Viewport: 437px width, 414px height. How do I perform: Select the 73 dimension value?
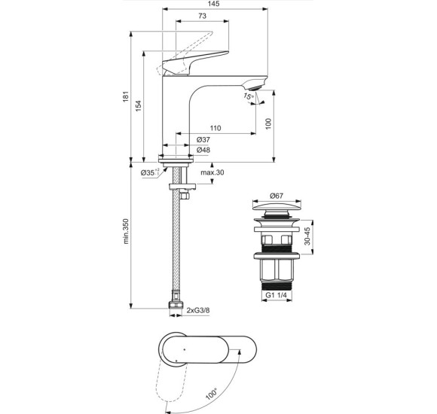tap(203, 17)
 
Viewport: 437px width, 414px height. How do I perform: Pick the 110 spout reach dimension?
tap(215, 128)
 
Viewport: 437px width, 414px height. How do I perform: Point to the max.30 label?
tap(212, 173)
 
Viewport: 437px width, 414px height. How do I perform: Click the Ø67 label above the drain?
tap(276, 196)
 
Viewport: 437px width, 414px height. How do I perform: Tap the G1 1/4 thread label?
tap(276, 296)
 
